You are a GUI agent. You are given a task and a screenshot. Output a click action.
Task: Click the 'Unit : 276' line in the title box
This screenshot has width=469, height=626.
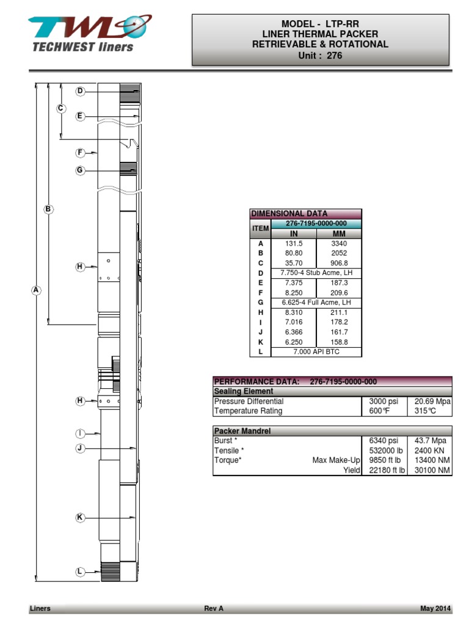[x=320, y=56]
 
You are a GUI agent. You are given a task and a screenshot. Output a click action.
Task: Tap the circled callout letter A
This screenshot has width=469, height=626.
[x=36, y=291]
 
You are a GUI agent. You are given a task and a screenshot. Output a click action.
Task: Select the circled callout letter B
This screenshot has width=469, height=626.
[x=48, y=209]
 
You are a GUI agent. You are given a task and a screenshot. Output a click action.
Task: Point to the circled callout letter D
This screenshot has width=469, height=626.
[x=80, y=91]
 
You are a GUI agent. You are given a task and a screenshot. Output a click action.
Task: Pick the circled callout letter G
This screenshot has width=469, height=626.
[x=80, y=171]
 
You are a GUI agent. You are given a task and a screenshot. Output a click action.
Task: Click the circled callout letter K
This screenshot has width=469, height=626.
[x=80, y=518]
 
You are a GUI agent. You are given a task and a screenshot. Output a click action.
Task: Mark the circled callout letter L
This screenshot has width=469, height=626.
[x=80, y=572]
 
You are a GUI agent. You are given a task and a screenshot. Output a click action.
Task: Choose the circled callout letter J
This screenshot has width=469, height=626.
[x=80, y=448]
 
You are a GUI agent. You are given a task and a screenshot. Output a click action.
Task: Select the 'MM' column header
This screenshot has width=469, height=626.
[x=339, y=234]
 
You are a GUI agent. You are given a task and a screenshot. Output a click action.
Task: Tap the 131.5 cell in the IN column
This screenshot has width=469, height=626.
[x=293, y=243]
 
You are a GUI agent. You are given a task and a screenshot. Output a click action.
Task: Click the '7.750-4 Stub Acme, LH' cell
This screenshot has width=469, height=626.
[x=316, y=273]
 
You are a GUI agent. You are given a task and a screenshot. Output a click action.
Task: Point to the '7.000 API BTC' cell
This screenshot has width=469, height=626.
[x=316, y=352]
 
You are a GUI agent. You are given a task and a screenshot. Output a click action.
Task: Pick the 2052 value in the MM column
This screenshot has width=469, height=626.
[x=339, y=253]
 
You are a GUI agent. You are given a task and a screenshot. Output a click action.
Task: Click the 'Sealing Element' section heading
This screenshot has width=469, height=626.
[x=243, y=391]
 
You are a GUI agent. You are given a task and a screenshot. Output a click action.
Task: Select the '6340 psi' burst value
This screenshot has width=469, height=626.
[x=384, y=441]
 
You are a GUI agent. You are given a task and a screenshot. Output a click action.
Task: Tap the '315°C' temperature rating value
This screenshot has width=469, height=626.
[x=425, y=411]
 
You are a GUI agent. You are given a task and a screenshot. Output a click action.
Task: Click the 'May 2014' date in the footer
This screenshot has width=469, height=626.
[x=435, y=608]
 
